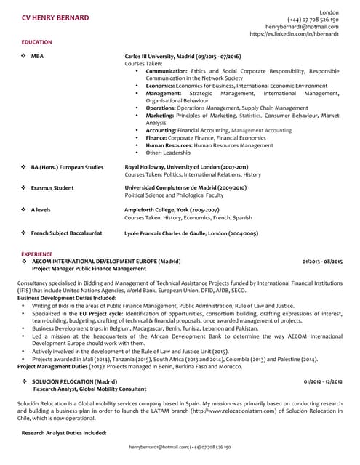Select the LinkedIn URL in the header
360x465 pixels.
tap(293, 33)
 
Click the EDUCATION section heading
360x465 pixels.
tap(36, 42)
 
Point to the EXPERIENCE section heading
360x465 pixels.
tap(37, 254)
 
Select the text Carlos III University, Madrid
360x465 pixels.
tap(161, 56)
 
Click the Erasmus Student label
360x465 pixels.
tap(52, 187)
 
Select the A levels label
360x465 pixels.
tap(41, 209)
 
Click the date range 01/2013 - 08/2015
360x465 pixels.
tap(322, 261)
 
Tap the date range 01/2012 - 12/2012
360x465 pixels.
tap(323, 381)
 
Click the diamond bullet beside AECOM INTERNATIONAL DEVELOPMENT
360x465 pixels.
tap(25, 261)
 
